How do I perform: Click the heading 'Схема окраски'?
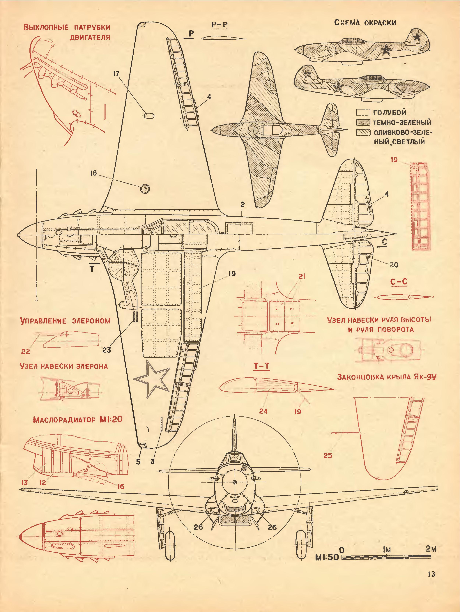tap(365, 23)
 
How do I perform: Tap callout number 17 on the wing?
tap(116, 74)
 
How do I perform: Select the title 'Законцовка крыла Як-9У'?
tap(386, 377)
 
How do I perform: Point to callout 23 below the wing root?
tap(107, 350)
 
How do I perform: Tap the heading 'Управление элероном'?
tap(65, 321)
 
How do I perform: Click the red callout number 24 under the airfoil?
tap(263, 411)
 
